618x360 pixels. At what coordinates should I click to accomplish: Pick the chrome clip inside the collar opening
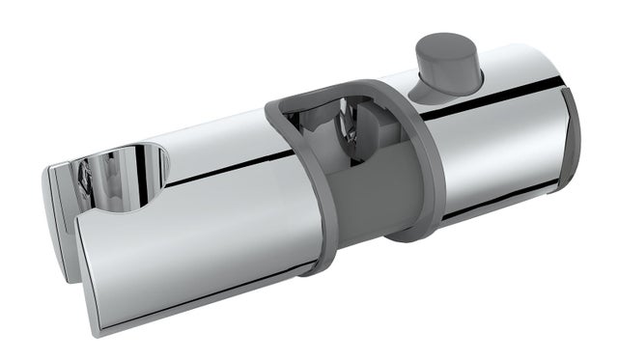pyautogui.click(x=338, y=135)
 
